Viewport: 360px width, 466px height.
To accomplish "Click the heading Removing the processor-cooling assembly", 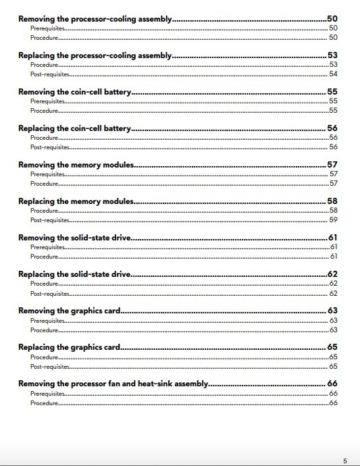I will (x=95, y=19).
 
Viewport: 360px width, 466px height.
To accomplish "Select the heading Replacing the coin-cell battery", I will (x=74, y=128).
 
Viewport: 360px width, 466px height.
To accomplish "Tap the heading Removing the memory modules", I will (x=76, y=165).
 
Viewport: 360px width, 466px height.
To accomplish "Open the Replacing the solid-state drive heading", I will (x=74, y=274).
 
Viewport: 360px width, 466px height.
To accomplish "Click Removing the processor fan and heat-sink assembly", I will (x=113, y=384).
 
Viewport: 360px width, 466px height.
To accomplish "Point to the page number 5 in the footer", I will (x=344, y=461).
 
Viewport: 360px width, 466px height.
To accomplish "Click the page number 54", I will (x=333, y=74).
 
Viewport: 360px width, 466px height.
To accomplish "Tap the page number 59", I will (x=333, y=220).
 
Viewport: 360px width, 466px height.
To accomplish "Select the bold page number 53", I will (x=332, y=55).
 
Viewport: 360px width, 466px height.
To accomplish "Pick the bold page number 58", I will (x=332, y=201).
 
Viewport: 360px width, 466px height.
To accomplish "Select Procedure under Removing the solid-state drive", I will (x=44, y=257).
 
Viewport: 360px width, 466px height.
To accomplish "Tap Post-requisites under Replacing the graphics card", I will (x=50, y=366).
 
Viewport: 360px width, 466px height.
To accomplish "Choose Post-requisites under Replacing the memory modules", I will (x=50, y=220).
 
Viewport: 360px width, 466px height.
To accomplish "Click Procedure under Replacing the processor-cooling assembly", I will (x=44, y=65).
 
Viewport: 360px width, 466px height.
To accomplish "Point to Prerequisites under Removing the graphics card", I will (x=47, y=320).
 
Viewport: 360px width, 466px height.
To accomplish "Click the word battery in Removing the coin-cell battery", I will (x=115, y=92).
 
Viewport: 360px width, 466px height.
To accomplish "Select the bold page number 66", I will (x=332, y=384).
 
